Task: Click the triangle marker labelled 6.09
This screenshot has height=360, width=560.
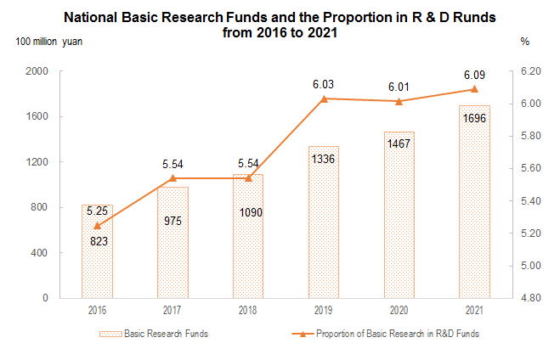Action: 474,89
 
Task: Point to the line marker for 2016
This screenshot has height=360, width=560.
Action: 97,226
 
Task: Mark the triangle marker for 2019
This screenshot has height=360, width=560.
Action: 323,98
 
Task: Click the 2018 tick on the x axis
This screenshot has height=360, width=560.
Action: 247,311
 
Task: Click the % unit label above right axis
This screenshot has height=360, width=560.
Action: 525,41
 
